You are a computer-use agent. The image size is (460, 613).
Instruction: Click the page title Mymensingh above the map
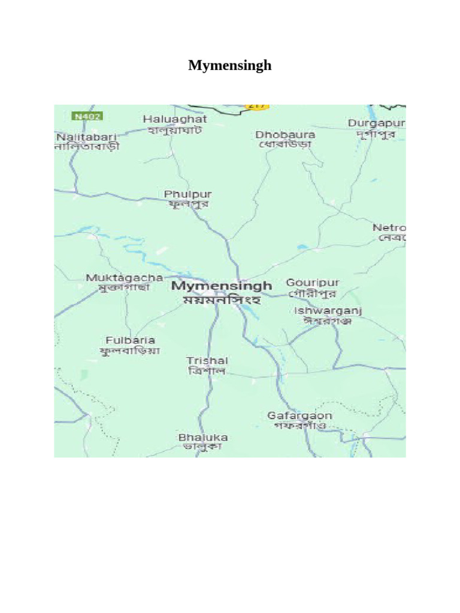(229, 65)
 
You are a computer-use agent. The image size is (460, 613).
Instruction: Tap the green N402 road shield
(86, 116)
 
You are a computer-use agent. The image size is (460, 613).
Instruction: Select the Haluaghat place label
(175, 119)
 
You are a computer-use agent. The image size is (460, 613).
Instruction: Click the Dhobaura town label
(285, 135)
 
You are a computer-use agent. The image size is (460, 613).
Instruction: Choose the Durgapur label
(376, 123)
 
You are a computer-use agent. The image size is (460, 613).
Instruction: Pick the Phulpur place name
(187, 195)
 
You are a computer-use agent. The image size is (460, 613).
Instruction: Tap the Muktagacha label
(124, 278)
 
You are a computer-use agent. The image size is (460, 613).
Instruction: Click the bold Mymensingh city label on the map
(222, 286)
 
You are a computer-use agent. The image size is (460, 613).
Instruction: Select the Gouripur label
(313, 283)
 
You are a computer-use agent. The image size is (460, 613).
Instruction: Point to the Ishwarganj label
(328, 311)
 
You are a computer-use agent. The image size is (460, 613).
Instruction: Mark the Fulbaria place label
(130, 340)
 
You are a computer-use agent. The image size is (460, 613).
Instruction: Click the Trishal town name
(207, 360)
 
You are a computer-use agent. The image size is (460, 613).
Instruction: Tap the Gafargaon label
(299, 415)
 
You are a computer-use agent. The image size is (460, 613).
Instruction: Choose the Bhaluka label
(202, 438)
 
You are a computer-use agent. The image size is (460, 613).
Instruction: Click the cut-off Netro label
(389, 228)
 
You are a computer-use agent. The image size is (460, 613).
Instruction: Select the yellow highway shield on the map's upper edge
(256, 107)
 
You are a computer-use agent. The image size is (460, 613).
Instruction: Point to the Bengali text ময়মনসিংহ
(222, 300)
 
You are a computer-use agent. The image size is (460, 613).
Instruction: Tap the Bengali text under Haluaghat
(174, 130)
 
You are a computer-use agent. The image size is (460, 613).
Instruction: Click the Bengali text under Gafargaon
(299, 426)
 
